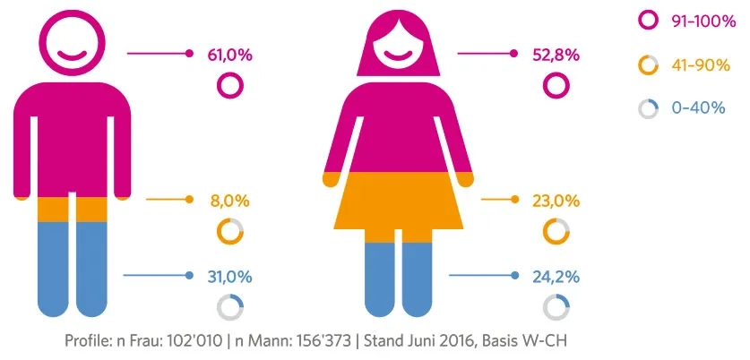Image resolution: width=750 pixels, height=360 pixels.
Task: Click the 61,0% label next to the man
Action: click(229, 55)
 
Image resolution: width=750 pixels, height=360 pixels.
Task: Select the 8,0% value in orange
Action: click(229, 200)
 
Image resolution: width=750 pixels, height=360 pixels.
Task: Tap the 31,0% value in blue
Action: click(229, 276)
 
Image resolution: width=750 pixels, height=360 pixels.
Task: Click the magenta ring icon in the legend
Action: click(648, 21)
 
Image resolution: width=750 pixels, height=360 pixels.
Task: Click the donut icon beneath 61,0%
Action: click(230, 86)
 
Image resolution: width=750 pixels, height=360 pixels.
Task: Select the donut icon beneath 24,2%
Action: click(556, 307)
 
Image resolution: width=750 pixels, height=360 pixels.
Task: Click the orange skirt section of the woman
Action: click(398, 201)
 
